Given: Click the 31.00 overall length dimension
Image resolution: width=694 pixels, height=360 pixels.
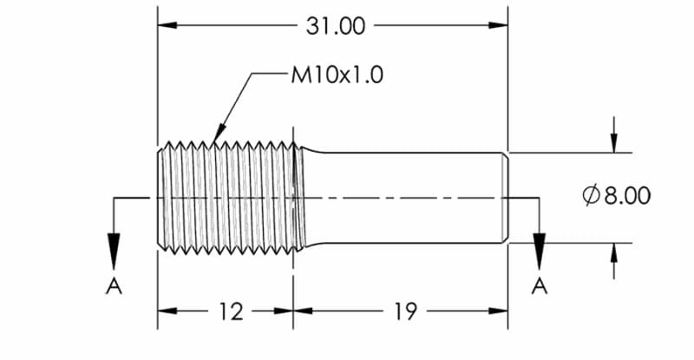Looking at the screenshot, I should (335, 27).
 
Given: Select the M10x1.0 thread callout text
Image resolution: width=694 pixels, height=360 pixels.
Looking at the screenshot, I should (337, 75).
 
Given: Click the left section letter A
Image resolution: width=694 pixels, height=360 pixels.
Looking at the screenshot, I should (114, 286).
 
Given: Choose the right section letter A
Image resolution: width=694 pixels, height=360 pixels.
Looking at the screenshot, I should (539, 286).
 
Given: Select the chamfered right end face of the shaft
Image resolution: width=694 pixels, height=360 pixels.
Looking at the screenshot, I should (503, 198).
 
